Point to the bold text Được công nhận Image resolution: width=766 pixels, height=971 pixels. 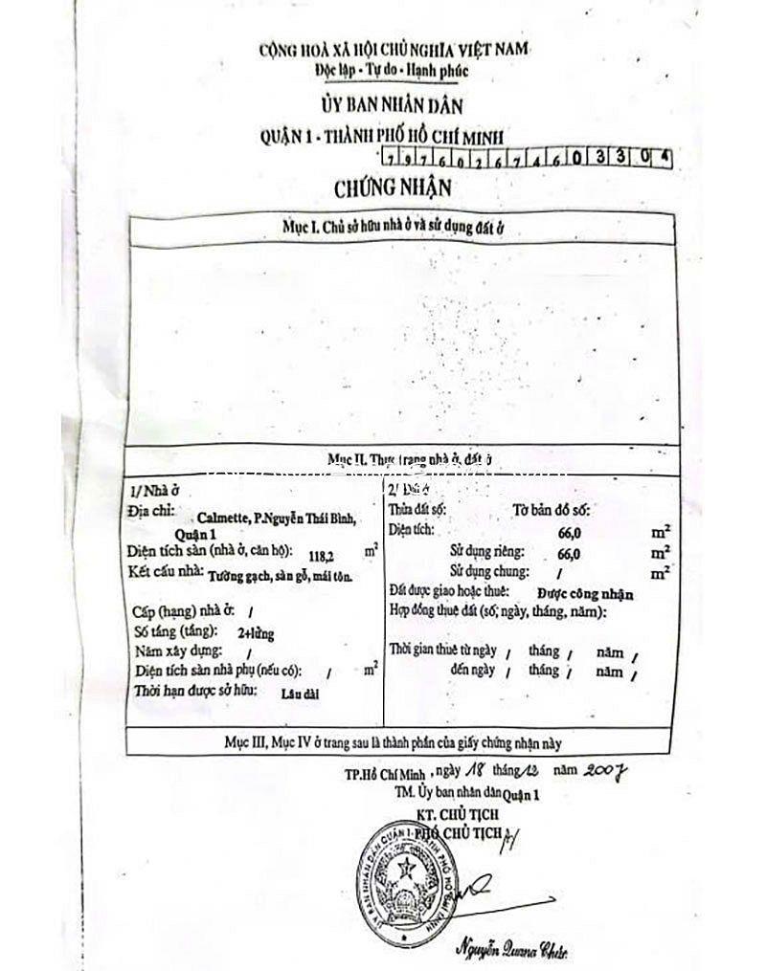[x=583, y=594]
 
